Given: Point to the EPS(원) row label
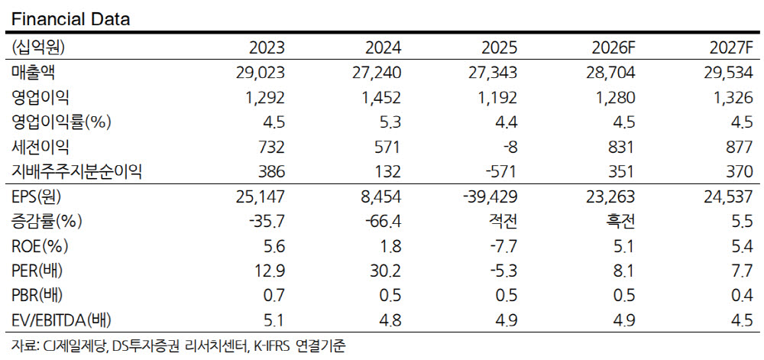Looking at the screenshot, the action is (37, 196).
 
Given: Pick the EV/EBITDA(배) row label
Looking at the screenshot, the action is (61, 320).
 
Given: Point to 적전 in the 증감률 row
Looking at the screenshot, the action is (503, 222).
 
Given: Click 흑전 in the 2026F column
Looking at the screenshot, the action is (620, 222).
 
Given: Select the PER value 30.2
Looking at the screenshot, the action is (387, 271).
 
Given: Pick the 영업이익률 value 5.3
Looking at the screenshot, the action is (392, 123).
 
